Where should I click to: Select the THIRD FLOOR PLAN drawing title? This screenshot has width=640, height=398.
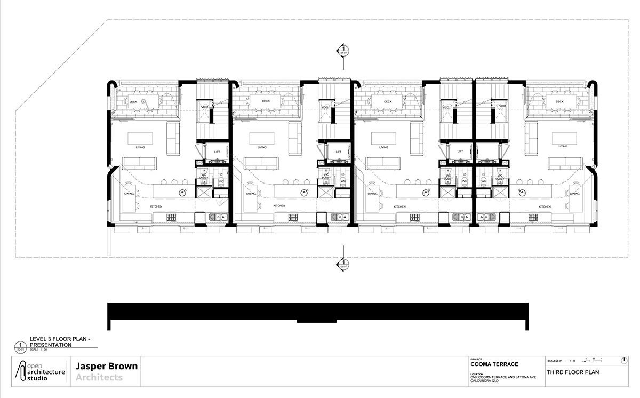[x=570, y=372]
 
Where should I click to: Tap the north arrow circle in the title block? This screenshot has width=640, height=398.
[x=625, y=361]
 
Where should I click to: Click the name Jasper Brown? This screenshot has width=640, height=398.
[x=107, y=367]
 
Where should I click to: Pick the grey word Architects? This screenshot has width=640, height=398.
[x=99, y=378]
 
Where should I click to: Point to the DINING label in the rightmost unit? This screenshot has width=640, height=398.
[x=574, y=194]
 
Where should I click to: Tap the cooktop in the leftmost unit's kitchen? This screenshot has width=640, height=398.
[x=172, y=217]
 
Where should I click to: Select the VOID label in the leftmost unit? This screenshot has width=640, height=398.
[x=204, y=107]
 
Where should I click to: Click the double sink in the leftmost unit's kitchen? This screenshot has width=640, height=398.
[x=216, y=217]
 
